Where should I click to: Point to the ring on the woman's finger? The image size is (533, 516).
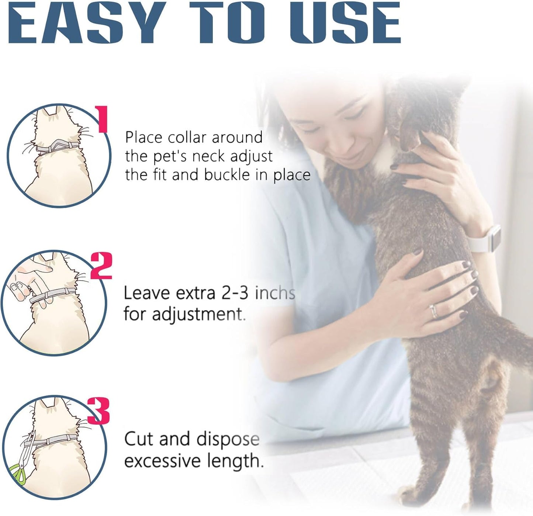435,311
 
